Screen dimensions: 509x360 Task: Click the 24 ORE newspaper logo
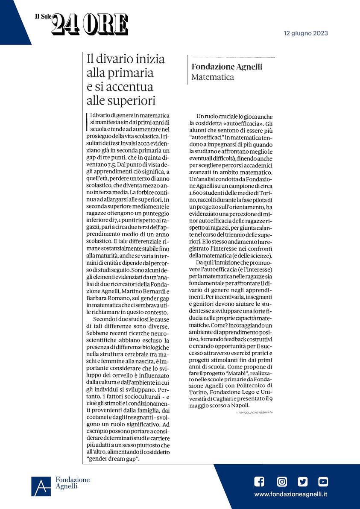[90, 24]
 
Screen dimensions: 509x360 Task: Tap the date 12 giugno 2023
[306, 33]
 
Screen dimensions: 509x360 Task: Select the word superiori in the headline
[134, 101]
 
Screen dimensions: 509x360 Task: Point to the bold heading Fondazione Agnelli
[226, 67]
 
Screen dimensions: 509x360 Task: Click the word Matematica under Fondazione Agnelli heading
[213, 77]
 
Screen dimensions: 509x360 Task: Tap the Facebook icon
[259, 482]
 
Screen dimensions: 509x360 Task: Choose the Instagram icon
[282, 482]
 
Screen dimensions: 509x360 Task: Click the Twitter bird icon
[303, 482]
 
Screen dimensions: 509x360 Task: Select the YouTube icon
[323, 482]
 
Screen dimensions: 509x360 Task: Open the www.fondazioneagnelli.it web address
[291, 494]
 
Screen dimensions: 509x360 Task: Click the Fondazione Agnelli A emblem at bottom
[41, 486]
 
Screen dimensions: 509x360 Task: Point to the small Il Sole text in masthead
[43, 17]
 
